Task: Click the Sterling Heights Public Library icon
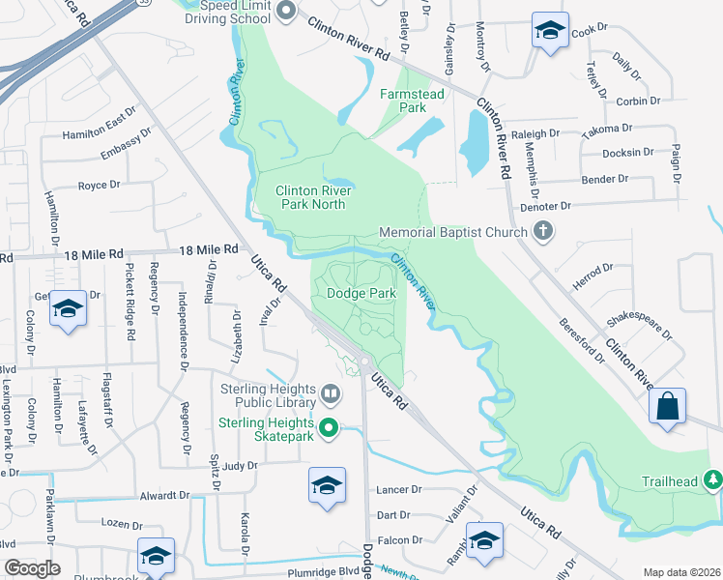[331, 392]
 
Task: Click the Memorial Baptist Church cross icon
[543, 232]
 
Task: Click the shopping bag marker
[668, 407]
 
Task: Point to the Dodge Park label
[361, 293]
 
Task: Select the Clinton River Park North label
[311, 198]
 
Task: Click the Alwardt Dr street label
[164, 495]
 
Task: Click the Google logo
[32, 568]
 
